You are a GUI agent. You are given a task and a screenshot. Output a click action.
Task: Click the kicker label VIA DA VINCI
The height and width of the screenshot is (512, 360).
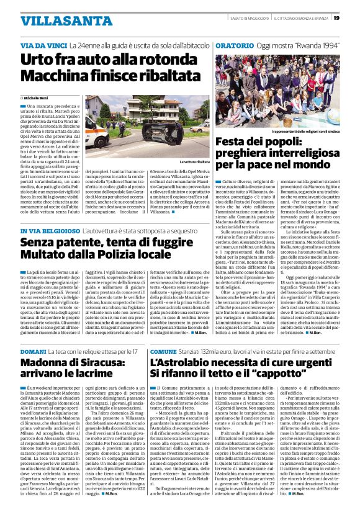pos(43,47)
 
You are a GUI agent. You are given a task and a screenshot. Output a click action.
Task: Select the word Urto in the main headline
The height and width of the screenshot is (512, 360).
pos(38,60)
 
